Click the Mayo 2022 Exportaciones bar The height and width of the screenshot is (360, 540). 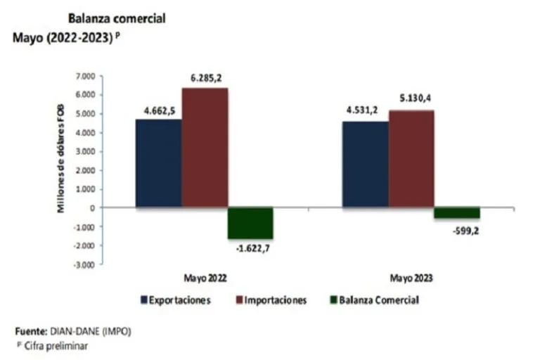[158, 163]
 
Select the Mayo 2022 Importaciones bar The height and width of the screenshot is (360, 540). [205, 148]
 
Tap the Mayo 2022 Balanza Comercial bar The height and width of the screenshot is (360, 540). [250, 223]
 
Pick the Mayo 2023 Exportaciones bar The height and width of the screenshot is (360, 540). [365, 165]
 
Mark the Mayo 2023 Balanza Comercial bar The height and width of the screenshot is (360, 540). [456, 213]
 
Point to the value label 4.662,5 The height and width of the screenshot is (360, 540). [157, 111]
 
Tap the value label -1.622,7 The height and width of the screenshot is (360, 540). [250, 247]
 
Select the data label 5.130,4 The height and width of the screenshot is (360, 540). [410, 100]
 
